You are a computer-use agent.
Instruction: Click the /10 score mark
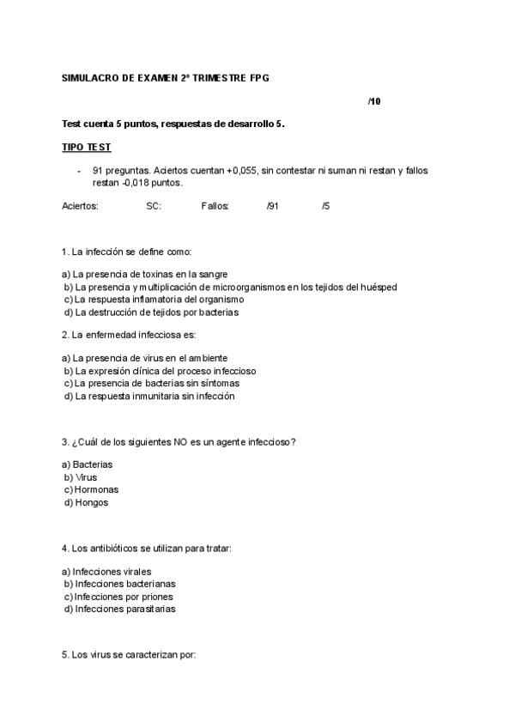tap(373, 101)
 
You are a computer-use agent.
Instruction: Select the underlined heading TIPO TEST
tap(87, 148)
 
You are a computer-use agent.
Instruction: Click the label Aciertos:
tap(81, 206)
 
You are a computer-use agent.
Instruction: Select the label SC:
tap(154, 206)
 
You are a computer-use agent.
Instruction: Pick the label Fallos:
tap(215, 206)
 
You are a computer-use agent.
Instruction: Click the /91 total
tap(273, 206)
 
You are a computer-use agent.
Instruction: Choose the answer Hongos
tap(92, 502)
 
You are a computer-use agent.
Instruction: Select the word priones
tap(154, 596)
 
